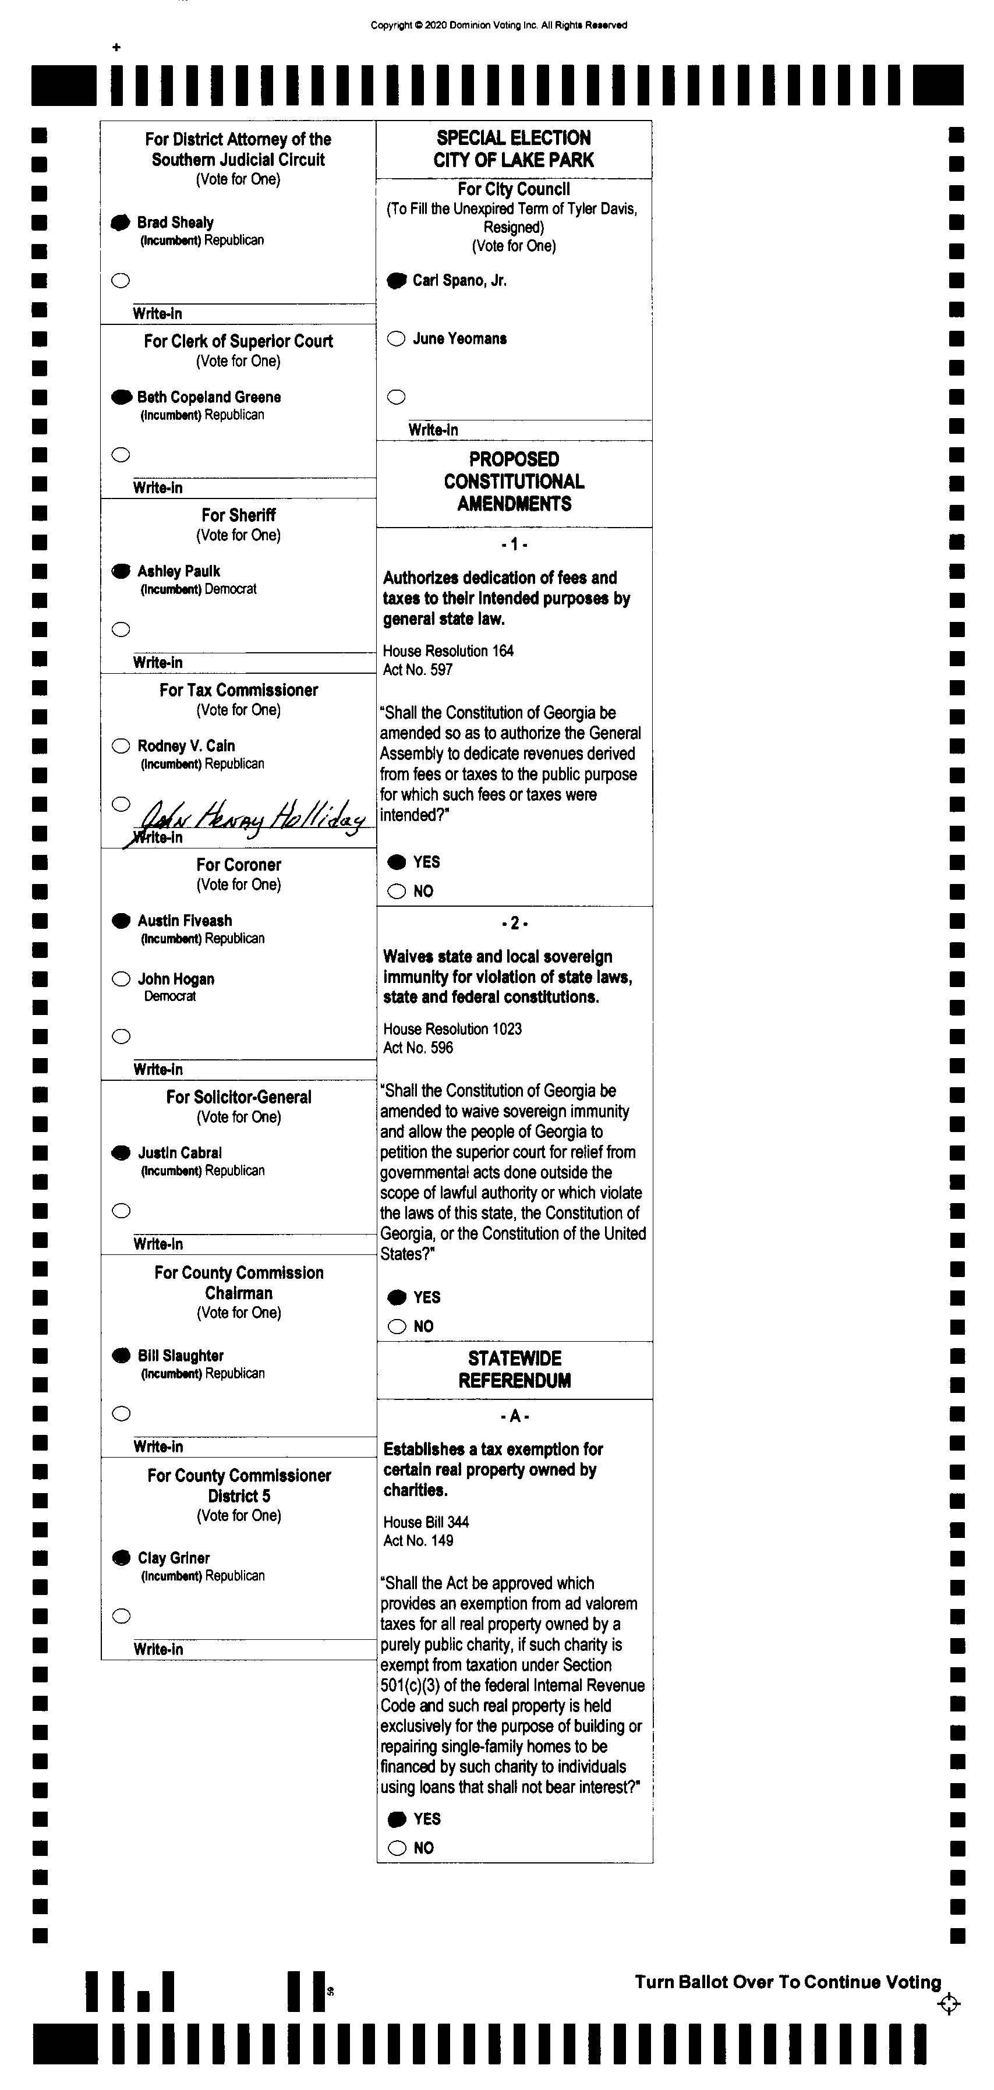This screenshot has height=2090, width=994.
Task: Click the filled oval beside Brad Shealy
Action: coord(120,222)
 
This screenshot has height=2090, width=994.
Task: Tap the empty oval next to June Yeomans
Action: coord(396,339)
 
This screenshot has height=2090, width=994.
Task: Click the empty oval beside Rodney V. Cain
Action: coord(121,745)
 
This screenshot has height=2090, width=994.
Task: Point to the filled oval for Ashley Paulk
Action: coord(121,571)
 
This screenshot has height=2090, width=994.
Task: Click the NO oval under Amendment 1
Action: coord(397,892)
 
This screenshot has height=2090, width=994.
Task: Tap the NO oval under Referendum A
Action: coord(397,1848)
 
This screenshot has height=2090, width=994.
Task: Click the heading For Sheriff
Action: coord(239,515)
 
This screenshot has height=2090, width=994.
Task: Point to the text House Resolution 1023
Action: coord(452,1029)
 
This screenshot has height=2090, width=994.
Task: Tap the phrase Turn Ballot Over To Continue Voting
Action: coord(788,1982)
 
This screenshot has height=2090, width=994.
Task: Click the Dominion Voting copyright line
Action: coord(498,25)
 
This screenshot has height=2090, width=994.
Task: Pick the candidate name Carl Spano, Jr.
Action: coord(459,281)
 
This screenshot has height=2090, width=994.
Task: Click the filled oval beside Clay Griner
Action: coord(121,1558)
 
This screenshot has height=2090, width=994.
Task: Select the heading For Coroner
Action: coord(239,865)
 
